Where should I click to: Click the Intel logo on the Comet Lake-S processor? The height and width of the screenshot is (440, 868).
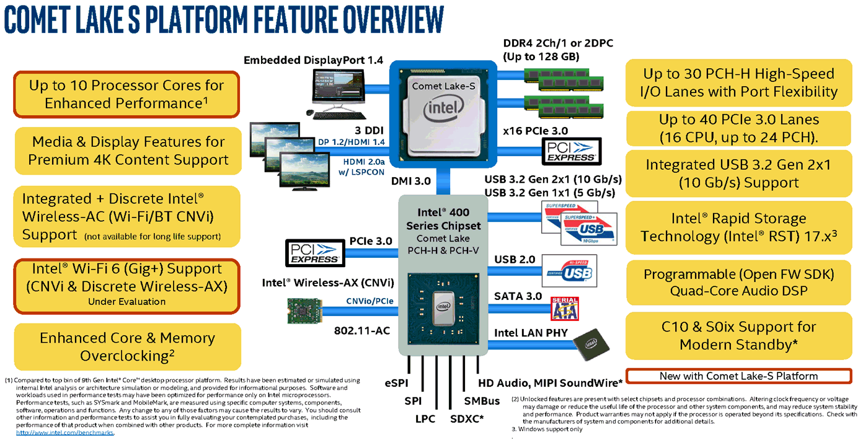click(x=443, y=110)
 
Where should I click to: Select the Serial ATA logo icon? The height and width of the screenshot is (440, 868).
click(x=564, y=308)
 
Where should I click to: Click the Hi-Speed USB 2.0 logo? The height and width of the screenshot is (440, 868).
click(x=569, y=270)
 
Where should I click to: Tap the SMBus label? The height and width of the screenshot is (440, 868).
click(x=482, y=401)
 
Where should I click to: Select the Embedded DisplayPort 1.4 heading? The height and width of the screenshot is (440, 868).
click(x=313, y=60)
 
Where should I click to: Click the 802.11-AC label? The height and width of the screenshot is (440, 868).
click(x=362, y=330)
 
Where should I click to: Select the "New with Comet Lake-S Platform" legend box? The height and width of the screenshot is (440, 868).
click(x=738, y=376)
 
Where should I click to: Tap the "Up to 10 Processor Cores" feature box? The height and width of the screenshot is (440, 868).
click(x=126, y=94)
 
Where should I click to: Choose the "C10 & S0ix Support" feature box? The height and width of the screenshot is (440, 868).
click(x=738, y=335)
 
